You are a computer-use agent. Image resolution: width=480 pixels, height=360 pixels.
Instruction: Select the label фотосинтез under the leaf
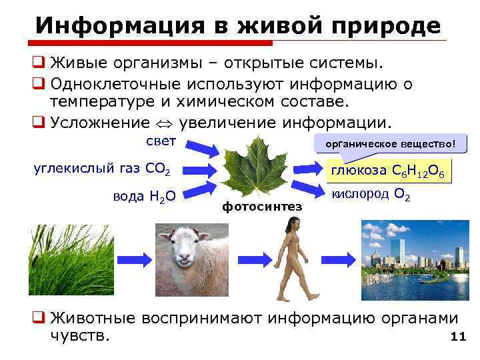click(262, 207)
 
